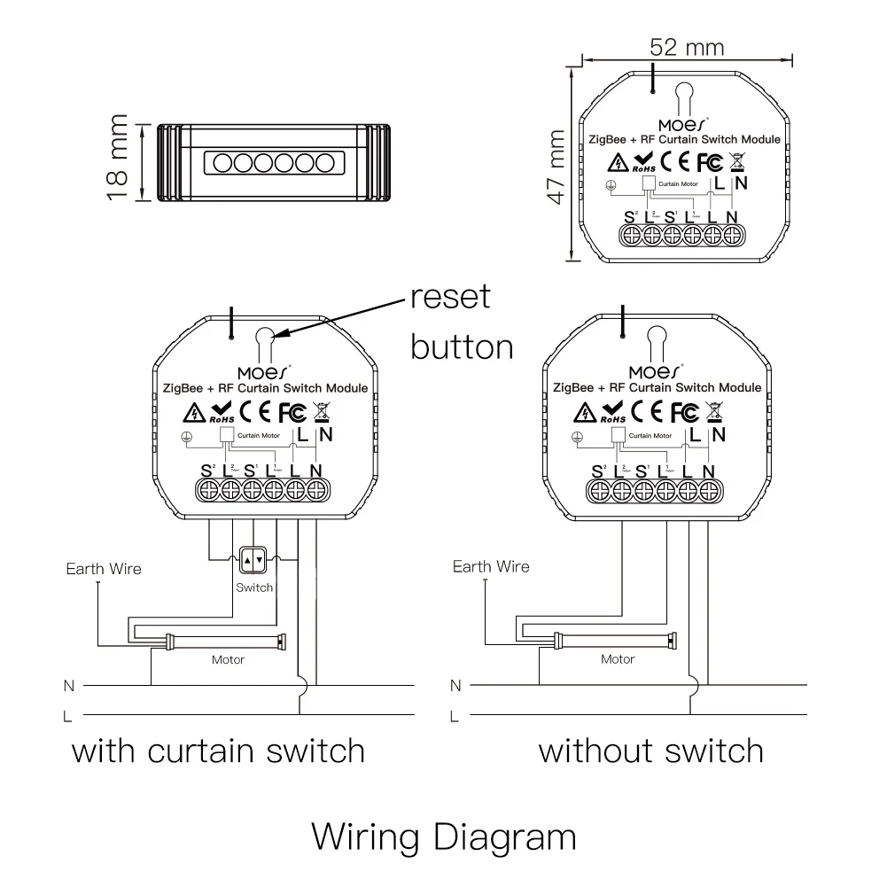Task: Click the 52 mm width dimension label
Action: [x=686, y=47]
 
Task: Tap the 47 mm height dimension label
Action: [x=556, y=167]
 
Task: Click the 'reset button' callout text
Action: [x=461, y=321]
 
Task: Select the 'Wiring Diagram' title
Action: [x=444, y=836]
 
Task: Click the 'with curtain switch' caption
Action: [x=218, y=751]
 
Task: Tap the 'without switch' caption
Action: [x=651, y=751]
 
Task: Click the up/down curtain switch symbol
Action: [x=254, y=559]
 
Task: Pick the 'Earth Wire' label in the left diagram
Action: [x=104, y=569]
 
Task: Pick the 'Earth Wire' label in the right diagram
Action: [x=491, y=567]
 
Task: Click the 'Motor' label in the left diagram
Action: [x=228, y=660]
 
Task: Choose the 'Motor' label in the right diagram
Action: [x=618, y=659]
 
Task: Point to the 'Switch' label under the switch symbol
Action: [x=254, y=587]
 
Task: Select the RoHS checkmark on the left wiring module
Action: [x=221, y=412]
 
